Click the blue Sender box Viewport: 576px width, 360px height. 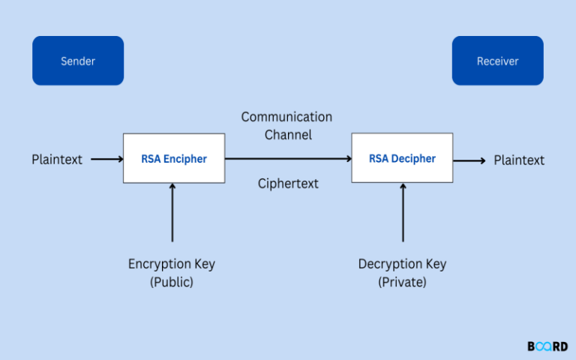(78, 61)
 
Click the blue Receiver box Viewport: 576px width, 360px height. (497, 61)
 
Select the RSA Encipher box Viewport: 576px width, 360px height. (174, 158)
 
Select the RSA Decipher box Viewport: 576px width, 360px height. (402, 158)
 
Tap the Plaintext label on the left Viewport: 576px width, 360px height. (57, 160)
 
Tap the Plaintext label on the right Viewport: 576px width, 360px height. (519, 160)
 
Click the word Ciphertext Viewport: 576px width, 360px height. (288, 184)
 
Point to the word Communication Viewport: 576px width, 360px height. (286, 117)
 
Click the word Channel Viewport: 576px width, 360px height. (288, 135)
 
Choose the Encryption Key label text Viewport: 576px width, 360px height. (172, 264)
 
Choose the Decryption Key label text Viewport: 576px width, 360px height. (402, 264)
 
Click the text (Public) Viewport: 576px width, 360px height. (172, 282)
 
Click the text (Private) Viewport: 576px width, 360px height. (403, 282)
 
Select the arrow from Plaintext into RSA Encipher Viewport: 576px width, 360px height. (106, 159)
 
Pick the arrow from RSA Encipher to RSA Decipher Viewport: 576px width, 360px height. (288, 159)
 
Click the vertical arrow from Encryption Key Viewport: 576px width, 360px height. (172, 213)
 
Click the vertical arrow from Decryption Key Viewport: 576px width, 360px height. (403, 213)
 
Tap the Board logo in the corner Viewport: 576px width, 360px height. (547, 346)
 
